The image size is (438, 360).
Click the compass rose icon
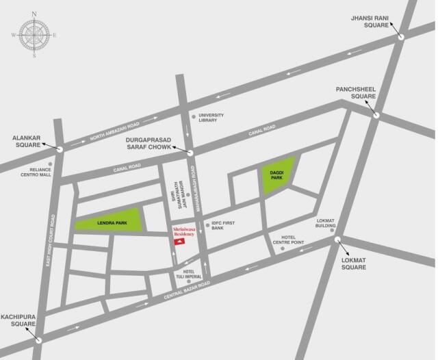34,35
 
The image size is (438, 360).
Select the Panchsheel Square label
355,92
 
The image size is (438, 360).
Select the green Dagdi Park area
278,174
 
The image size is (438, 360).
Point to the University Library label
208,117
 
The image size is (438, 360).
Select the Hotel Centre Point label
288,240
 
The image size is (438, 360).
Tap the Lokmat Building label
326,224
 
